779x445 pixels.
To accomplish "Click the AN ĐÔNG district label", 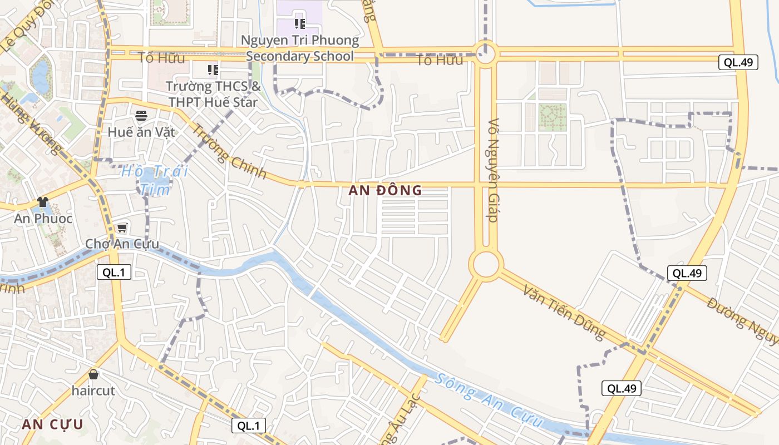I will click(385, 190).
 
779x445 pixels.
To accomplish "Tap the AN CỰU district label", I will click(52, 424).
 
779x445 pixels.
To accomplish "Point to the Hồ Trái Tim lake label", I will click(155, 179).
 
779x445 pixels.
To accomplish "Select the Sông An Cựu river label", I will click(488, 400).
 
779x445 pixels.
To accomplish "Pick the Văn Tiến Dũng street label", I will click(564, 311).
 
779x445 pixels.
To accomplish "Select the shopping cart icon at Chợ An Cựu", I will click(122, 228).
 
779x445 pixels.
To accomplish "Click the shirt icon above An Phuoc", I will click(43, 202).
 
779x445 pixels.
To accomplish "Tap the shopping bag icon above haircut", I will click(93, 374).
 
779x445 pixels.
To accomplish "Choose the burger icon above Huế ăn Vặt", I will click(141, 116).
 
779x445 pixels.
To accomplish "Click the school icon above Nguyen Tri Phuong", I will click(300, 23).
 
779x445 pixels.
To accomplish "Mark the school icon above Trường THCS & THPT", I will click(213, 70).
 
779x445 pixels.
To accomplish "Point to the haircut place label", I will click(93, 390).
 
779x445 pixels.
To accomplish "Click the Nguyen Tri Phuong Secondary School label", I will click(300, 48).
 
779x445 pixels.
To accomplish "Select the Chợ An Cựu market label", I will click(122, 244).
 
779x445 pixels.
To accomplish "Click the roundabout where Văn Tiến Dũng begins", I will click(486, 264).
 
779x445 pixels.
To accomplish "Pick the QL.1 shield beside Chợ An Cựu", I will click(114, 272).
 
